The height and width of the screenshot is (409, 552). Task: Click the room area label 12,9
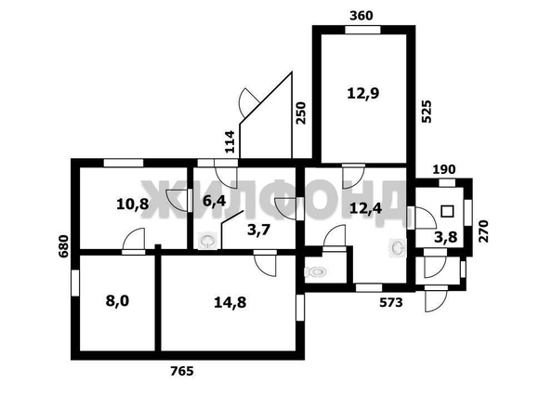(363, 94)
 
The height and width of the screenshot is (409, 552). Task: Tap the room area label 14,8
(230, 303)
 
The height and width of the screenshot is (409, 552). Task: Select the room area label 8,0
(118, 301)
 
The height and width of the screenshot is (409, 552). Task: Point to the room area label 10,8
(133, 204)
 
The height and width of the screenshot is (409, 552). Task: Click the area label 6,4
(215, 201)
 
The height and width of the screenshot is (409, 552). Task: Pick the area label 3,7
(258, 231)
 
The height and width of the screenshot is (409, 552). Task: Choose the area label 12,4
(366, 208)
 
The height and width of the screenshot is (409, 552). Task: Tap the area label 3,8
(446, 237)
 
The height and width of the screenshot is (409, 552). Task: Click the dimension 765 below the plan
(182, 371)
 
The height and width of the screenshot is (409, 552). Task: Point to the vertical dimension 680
(64, 246)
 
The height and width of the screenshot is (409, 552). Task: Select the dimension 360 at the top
(361, 16)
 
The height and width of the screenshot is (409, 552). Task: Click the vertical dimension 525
(427, 112)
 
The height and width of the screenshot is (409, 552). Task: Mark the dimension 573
(390, 302)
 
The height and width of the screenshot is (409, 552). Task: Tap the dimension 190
(444, 169)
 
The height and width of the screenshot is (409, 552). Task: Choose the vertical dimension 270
(484, 231)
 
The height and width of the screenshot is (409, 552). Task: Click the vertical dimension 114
(230, 141)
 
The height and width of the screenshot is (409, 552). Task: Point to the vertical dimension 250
(301, 113)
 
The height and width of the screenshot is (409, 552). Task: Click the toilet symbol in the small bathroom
(315, 271)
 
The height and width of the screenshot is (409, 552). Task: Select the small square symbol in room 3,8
(447, 211)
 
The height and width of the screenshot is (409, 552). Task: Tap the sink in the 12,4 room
(398, 247)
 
